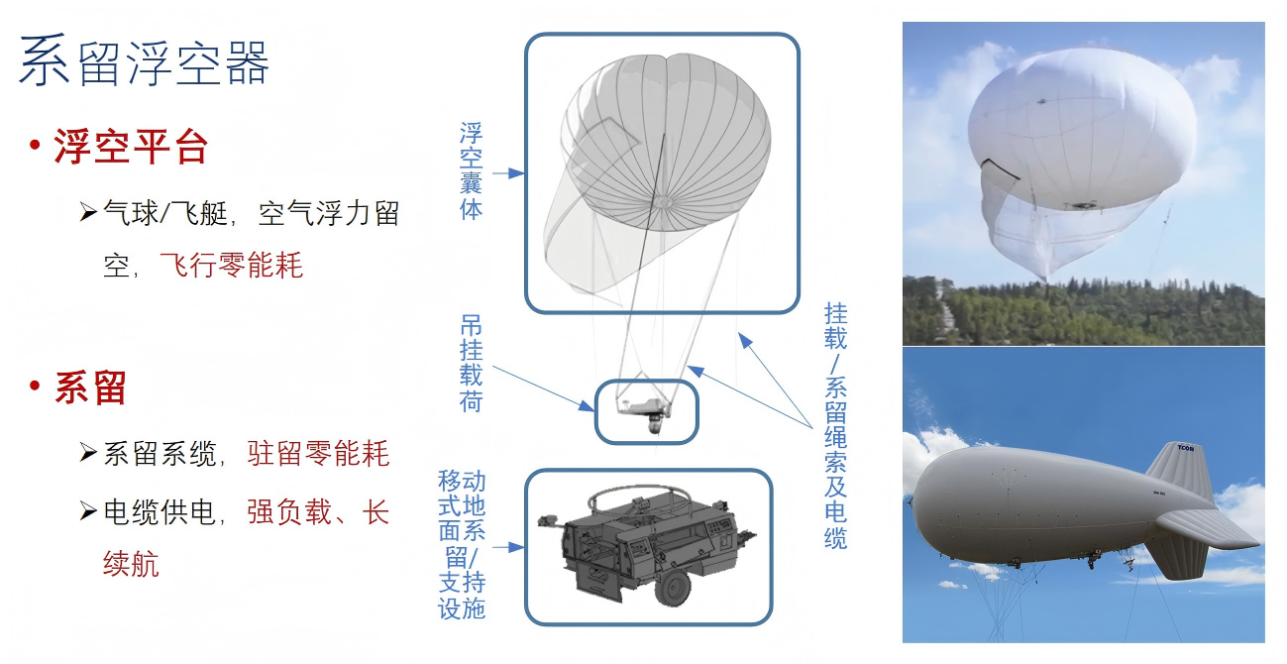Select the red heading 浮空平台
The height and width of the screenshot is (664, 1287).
point(131,148)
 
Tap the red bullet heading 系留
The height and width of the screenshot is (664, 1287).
point(91,388)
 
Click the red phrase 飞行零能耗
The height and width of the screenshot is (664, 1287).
point(231,265)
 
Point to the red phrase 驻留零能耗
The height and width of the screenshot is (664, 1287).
point(318,454)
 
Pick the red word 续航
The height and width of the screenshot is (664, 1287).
point(131,563)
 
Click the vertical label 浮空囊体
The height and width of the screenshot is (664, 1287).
point(472,170)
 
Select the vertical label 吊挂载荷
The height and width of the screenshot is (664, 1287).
point(472,363)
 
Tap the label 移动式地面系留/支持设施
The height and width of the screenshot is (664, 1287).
point(462,544)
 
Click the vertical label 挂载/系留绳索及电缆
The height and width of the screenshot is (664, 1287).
point(835,425)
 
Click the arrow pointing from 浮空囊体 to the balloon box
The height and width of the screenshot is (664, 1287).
point(508,173)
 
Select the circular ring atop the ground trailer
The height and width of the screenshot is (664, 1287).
point(638,488)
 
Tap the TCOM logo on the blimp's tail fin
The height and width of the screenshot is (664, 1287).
point(1185,448)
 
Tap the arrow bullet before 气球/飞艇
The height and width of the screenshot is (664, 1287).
point(88,213)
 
